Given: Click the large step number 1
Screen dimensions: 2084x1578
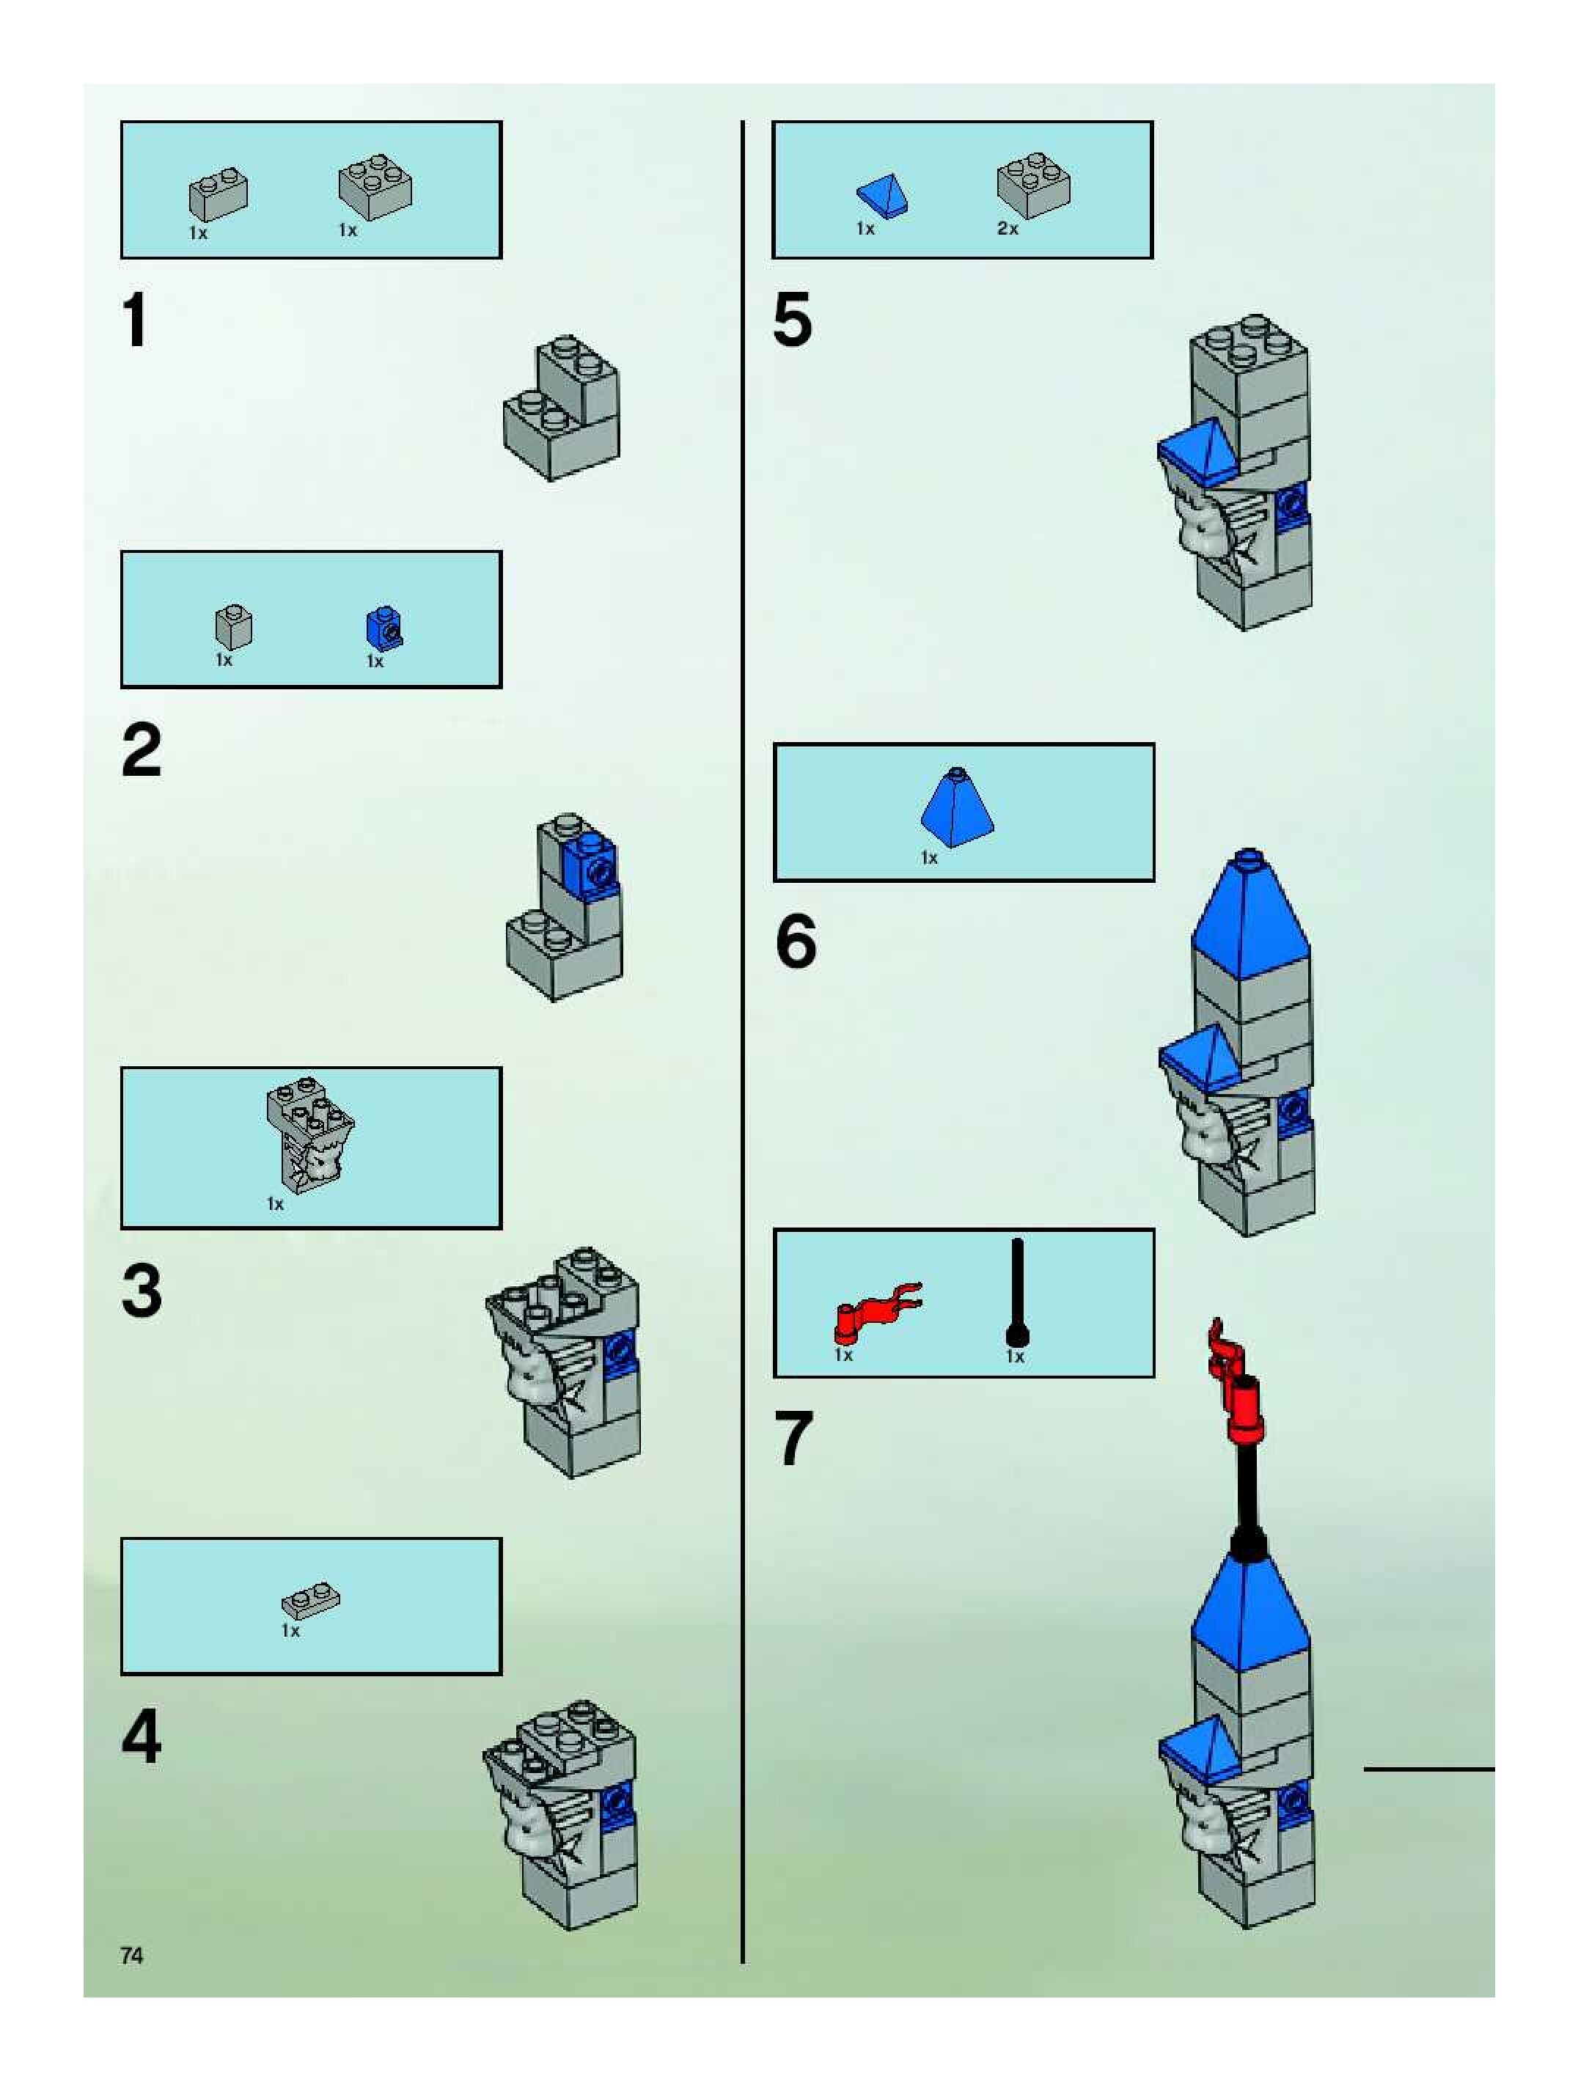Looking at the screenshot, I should [136, 320].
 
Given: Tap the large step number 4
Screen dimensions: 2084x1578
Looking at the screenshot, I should [142, 1736].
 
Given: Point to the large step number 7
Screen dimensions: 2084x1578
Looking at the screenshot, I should [794, 1438].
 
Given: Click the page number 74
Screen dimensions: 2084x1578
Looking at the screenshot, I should [132, 1955].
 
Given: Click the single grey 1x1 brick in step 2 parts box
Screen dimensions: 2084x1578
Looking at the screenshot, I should [232, 625].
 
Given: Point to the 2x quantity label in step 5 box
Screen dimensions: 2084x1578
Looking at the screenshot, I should [1007, 229].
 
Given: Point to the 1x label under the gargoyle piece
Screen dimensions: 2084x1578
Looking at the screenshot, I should [275, 1204].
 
